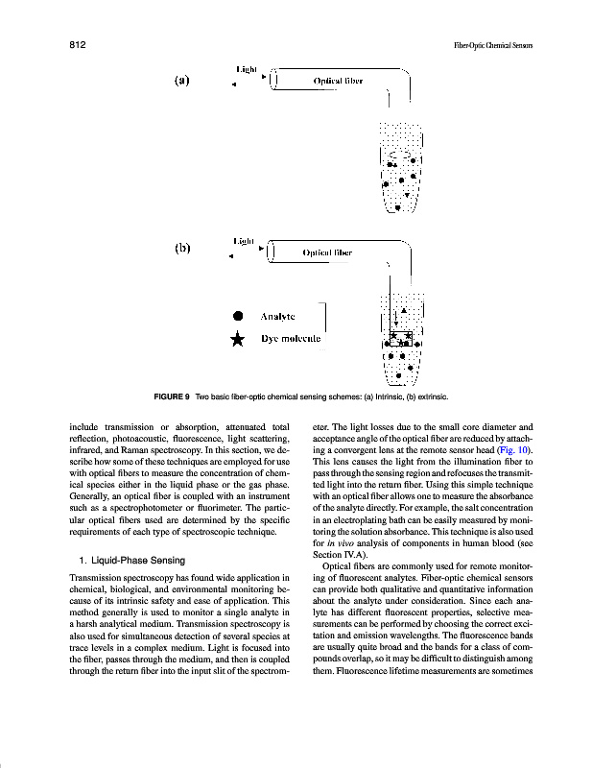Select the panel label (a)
pos(181,81)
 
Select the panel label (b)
pos(181,248)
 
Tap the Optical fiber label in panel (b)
pos(327,252)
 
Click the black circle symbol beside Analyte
pos(240,316)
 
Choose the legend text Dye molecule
pos(292,339)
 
